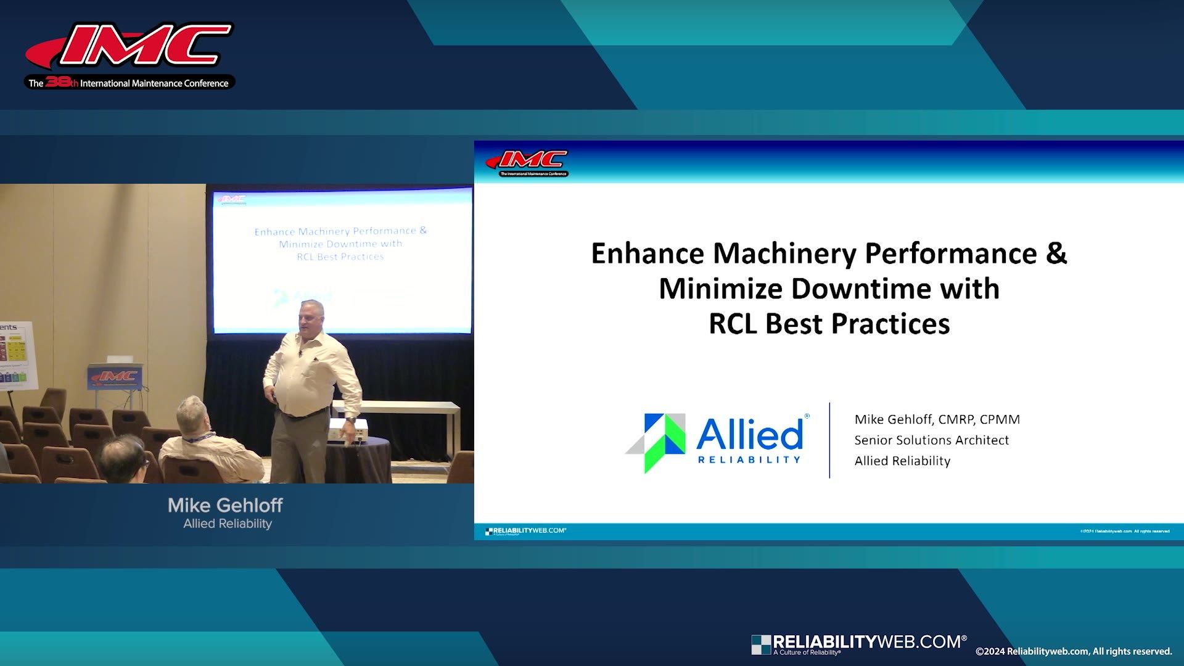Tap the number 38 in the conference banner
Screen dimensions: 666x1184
coord(57,82)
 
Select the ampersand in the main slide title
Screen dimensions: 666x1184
coord(1056,253)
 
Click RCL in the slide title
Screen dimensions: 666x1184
coord(733,324)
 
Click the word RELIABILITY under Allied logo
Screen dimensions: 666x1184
coord(749,459)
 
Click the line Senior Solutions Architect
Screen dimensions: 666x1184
coord(931,440)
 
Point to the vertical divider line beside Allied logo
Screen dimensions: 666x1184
coord(829,440)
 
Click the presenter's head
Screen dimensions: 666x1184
coord(311,318)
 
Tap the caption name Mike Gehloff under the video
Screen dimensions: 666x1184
coord(225,506)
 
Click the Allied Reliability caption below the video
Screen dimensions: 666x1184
coord(228,524)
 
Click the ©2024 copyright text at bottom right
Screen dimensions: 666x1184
coord(1073,651)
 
